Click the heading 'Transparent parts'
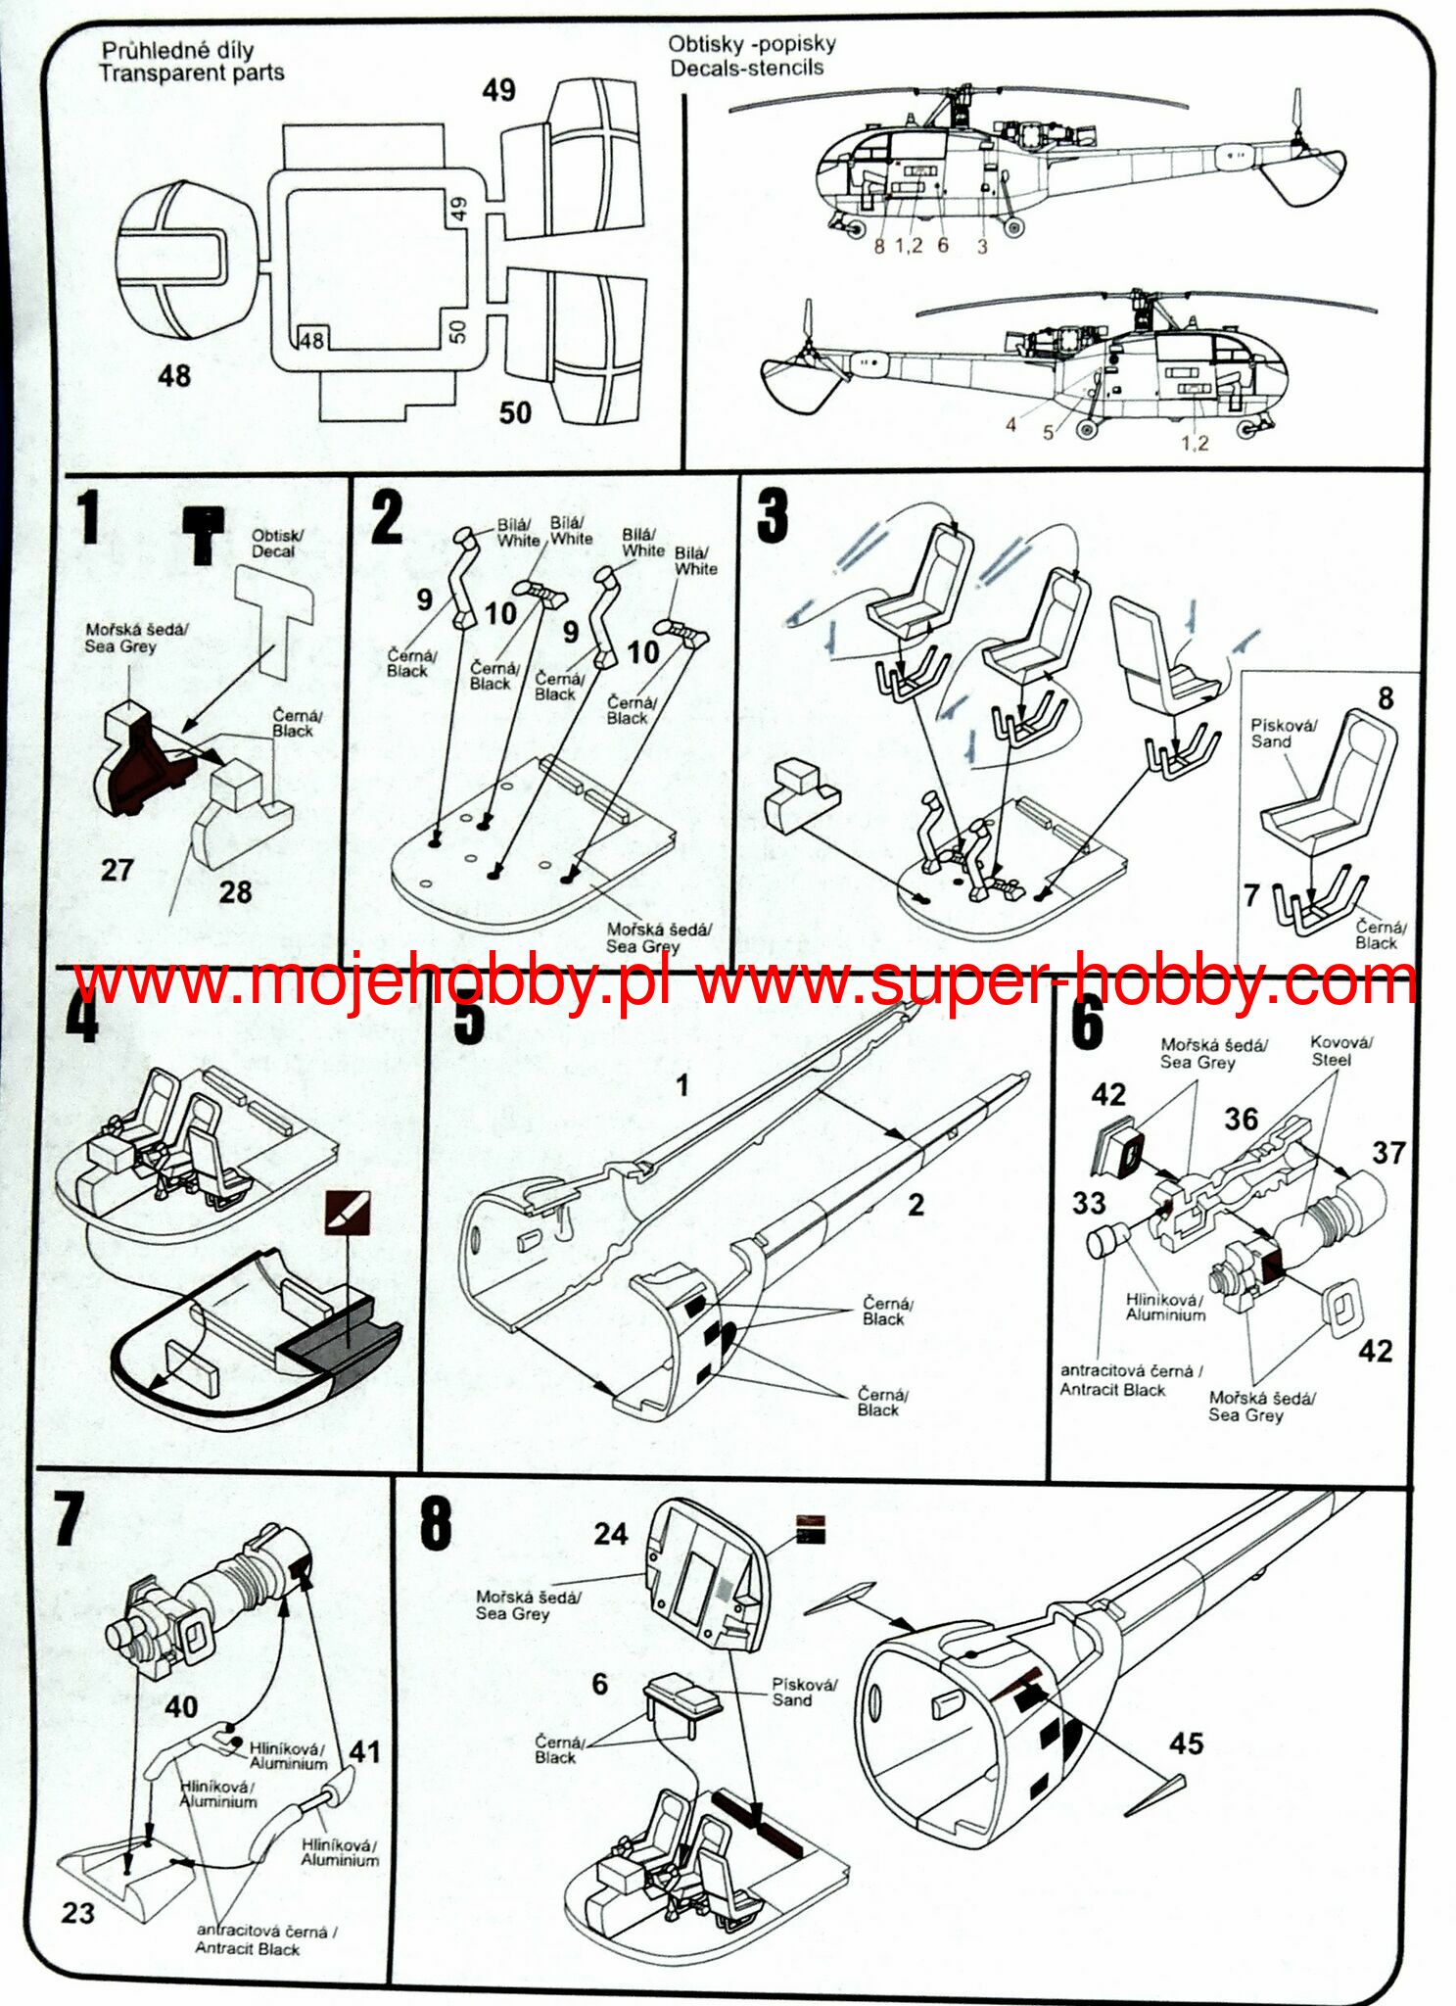(x=192, y=72)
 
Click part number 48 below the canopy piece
(x=174, y=376)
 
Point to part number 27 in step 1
(x=117, y=870)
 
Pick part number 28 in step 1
(x=235, y=891)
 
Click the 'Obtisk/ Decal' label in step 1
(x=276, y=544)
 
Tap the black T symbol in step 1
(x=204, y=535)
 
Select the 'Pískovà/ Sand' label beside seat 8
(x=1283, y=734)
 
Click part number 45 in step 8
(x=1186, y=1743)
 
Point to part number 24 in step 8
(x=610, y=1534)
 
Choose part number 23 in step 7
(x=78, y=1913)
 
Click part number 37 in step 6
(x=1388, y=1153)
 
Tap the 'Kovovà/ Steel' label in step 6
(x=1339, y=1051)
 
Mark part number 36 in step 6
(x=1241, y=1120)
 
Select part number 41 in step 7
(x=364, y=1752)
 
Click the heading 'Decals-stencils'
(x=746, y=68)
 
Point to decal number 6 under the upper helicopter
(x=943, y=245)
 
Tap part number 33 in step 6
(x=1089, y=1204)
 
